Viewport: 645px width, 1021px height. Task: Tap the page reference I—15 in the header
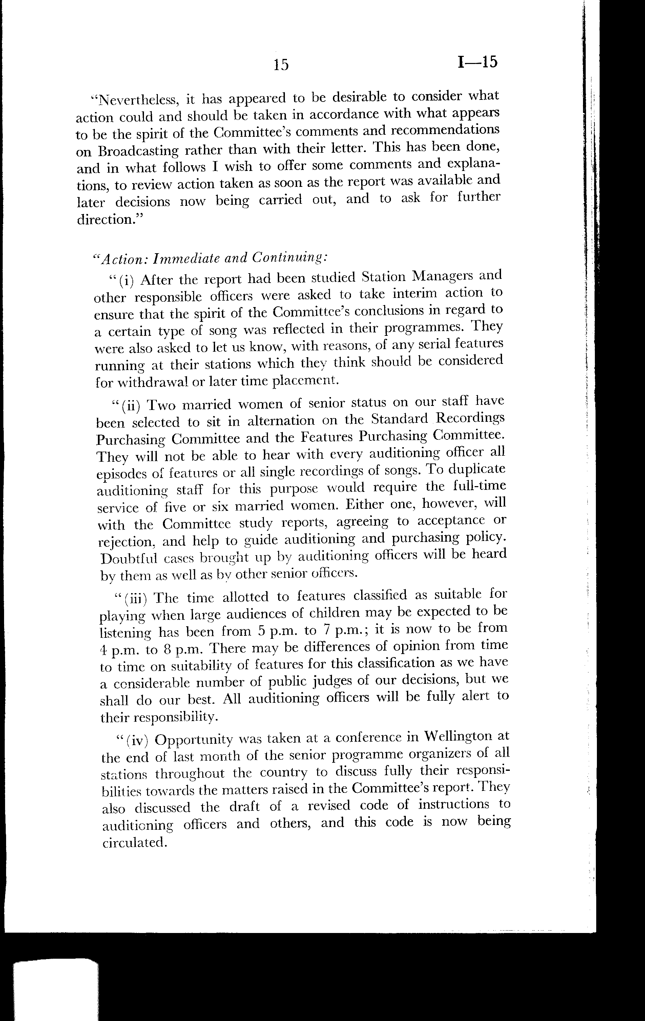(477, 62)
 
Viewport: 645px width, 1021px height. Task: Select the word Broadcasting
(126, 151)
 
